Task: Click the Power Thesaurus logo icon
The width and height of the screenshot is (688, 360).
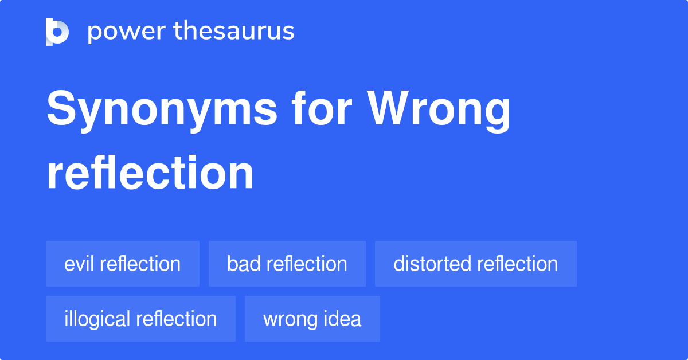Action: click(57, 32)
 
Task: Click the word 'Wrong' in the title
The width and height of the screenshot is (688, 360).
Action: click(439, 110)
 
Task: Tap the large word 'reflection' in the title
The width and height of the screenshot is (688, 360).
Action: click(150, 173)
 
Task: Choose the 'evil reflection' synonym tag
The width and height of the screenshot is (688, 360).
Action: click(123, 264)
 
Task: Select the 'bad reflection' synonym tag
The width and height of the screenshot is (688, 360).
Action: click(287, 264)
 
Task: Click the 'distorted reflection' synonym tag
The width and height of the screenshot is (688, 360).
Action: click(476, 264)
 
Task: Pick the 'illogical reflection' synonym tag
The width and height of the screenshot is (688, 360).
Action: click(140, 319)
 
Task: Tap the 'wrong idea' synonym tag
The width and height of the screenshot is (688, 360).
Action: click(312, 319)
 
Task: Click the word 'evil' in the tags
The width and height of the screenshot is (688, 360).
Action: click(80, 264)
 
